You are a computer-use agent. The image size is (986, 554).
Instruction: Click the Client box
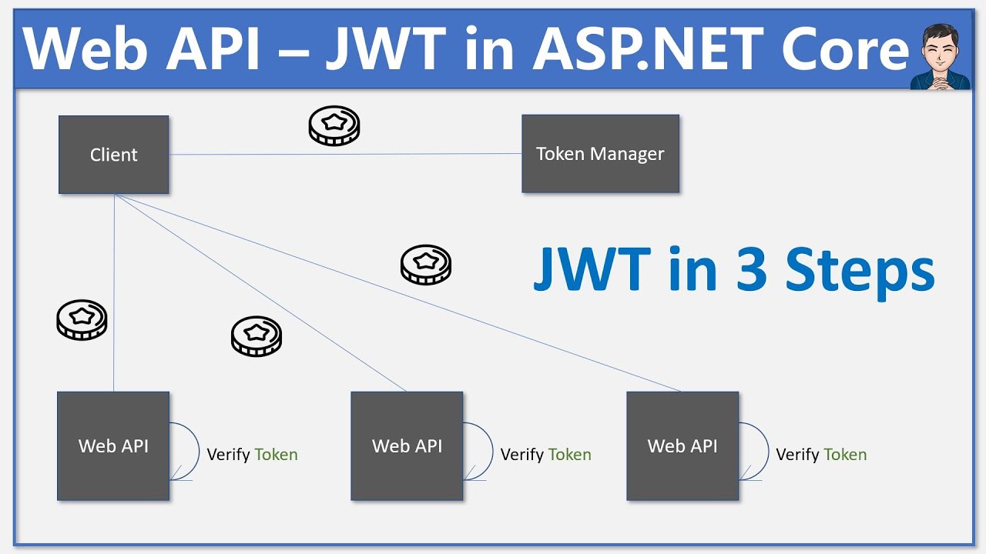pos(113,154)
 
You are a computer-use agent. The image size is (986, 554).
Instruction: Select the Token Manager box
pos(600,154)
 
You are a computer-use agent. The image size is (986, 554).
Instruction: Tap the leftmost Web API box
pos(113,446)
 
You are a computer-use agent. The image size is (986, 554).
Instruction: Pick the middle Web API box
pos(407,446)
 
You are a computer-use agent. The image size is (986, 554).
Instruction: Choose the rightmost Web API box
pos(682,446)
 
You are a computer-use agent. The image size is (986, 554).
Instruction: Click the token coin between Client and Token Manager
pos(334,126)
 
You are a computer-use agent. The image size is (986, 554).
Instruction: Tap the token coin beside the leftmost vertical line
pos(82,320)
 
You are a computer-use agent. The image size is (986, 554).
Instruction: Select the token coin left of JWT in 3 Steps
pos(426,265)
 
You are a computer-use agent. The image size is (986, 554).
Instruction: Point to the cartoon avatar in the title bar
pos(940,48)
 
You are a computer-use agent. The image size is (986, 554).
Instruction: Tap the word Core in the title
pos(845,48)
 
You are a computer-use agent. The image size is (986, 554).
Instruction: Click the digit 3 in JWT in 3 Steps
pos(751,271)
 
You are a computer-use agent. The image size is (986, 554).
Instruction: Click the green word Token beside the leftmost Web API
pos(276,455)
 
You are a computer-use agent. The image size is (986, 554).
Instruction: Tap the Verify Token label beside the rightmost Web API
pos(821,455)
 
